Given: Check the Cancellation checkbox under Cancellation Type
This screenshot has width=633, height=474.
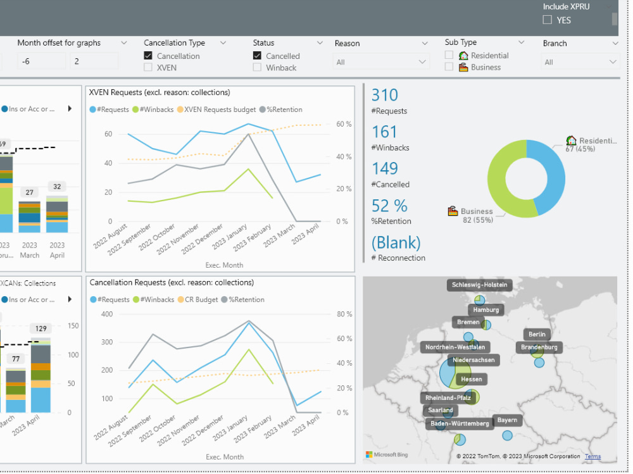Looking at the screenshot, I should point(148,56).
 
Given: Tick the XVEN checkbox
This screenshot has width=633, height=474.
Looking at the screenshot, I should point(148,67).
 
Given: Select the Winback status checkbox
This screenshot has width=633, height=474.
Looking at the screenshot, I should point(257,67).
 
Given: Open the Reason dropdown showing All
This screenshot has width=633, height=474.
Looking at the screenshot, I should point(380,62).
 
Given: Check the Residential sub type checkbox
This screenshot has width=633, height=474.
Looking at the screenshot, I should point(449,56).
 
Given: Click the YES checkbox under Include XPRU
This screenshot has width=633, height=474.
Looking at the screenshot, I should point(548,20).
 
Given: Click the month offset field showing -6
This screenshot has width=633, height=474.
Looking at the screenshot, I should point(41,61).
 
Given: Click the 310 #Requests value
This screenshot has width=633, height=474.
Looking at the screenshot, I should point(385,96).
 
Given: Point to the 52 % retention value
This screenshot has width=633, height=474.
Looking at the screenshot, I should point(389,206).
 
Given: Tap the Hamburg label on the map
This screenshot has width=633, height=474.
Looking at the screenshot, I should point(486,309).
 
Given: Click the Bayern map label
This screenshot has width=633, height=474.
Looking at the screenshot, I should point(507,420).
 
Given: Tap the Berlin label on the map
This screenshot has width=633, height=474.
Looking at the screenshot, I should point(536,334).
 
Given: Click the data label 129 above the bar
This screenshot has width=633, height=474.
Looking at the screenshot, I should point(41,328).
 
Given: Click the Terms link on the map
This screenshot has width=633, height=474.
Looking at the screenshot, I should point(592,456).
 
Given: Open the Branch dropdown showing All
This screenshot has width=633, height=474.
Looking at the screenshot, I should point(579,62).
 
